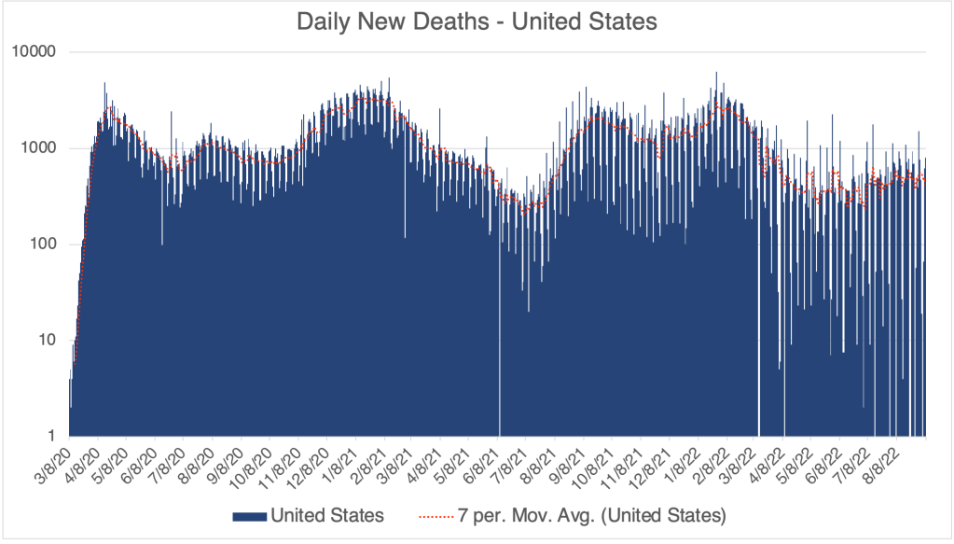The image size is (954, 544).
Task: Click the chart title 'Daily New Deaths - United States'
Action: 477,21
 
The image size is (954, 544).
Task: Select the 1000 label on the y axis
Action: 41,148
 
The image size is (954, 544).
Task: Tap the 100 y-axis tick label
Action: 45,244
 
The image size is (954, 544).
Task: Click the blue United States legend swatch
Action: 248,515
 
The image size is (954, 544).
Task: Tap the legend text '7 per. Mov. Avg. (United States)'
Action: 592,515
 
